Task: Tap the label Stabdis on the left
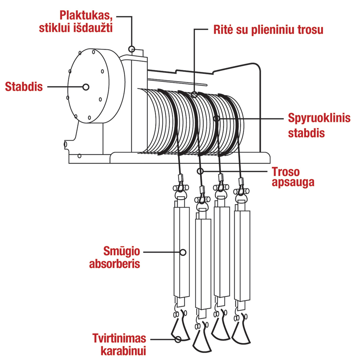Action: pos(24,87)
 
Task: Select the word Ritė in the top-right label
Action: pos(223,30)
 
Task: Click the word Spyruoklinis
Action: pos(319,118)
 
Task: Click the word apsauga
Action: pos(293,182)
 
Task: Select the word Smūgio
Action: pos(122,251)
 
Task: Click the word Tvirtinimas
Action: pos(119,338)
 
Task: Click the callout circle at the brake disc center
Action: pos(86,87)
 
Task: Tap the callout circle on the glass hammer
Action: pos(132,49)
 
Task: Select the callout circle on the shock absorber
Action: pos(183,252)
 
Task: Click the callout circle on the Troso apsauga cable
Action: pos(200,171)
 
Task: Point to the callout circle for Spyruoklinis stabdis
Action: pos(216,118)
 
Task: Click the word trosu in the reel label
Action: pos(311,30)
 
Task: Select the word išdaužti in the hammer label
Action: pos(97,28)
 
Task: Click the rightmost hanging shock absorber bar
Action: pos(242,255)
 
